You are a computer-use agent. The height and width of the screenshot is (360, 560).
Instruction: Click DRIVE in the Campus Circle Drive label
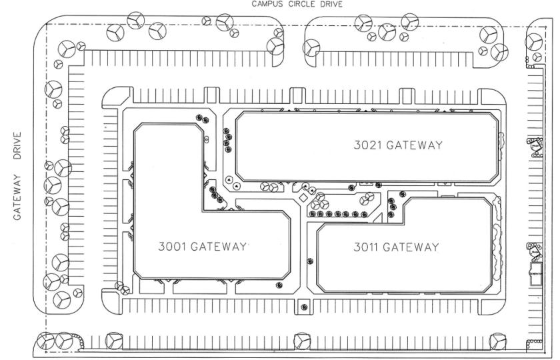click(x=330, y=4)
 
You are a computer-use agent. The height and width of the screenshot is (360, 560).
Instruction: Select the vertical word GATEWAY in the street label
click(x=17, y=197)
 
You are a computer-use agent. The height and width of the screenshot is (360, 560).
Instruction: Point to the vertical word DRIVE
click(x=17, y=146)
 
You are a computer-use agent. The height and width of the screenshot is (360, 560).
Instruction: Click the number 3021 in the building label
click(x=368, y=145)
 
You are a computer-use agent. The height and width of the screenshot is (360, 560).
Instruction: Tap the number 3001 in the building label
click(x=173, y=247)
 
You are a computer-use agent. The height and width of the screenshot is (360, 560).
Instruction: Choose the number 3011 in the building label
click(x=368, y=247)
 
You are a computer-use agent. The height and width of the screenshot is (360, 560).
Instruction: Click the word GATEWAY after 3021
click(x=414, y=145)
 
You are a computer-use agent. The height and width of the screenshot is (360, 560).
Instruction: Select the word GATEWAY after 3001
click(x=219, y=247)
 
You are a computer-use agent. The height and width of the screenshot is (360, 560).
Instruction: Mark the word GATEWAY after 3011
click(x=411, y=247)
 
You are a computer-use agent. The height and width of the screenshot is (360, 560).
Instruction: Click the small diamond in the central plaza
click(x=303, y=198)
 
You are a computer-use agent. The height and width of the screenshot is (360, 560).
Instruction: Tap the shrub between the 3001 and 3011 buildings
click(x=310, y=261)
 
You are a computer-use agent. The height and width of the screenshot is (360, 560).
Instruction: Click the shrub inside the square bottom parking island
click(x=304, y=307)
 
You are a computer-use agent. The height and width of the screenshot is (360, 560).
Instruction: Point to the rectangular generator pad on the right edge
click(x=535, y=274)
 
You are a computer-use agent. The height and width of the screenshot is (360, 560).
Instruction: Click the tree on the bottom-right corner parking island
click(x=497, y=341)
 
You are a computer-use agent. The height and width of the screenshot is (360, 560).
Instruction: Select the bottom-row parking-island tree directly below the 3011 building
click(x=302, y=341)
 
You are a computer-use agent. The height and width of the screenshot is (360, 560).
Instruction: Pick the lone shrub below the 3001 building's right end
click(x=279, y=285)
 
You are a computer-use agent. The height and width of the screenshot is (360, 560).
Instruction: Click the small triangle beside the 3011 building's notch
click(x=378, y=218)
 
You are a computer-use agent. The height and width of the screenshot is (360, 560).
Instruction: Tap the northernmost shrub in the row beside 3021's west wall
click(x=226, y=131)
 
